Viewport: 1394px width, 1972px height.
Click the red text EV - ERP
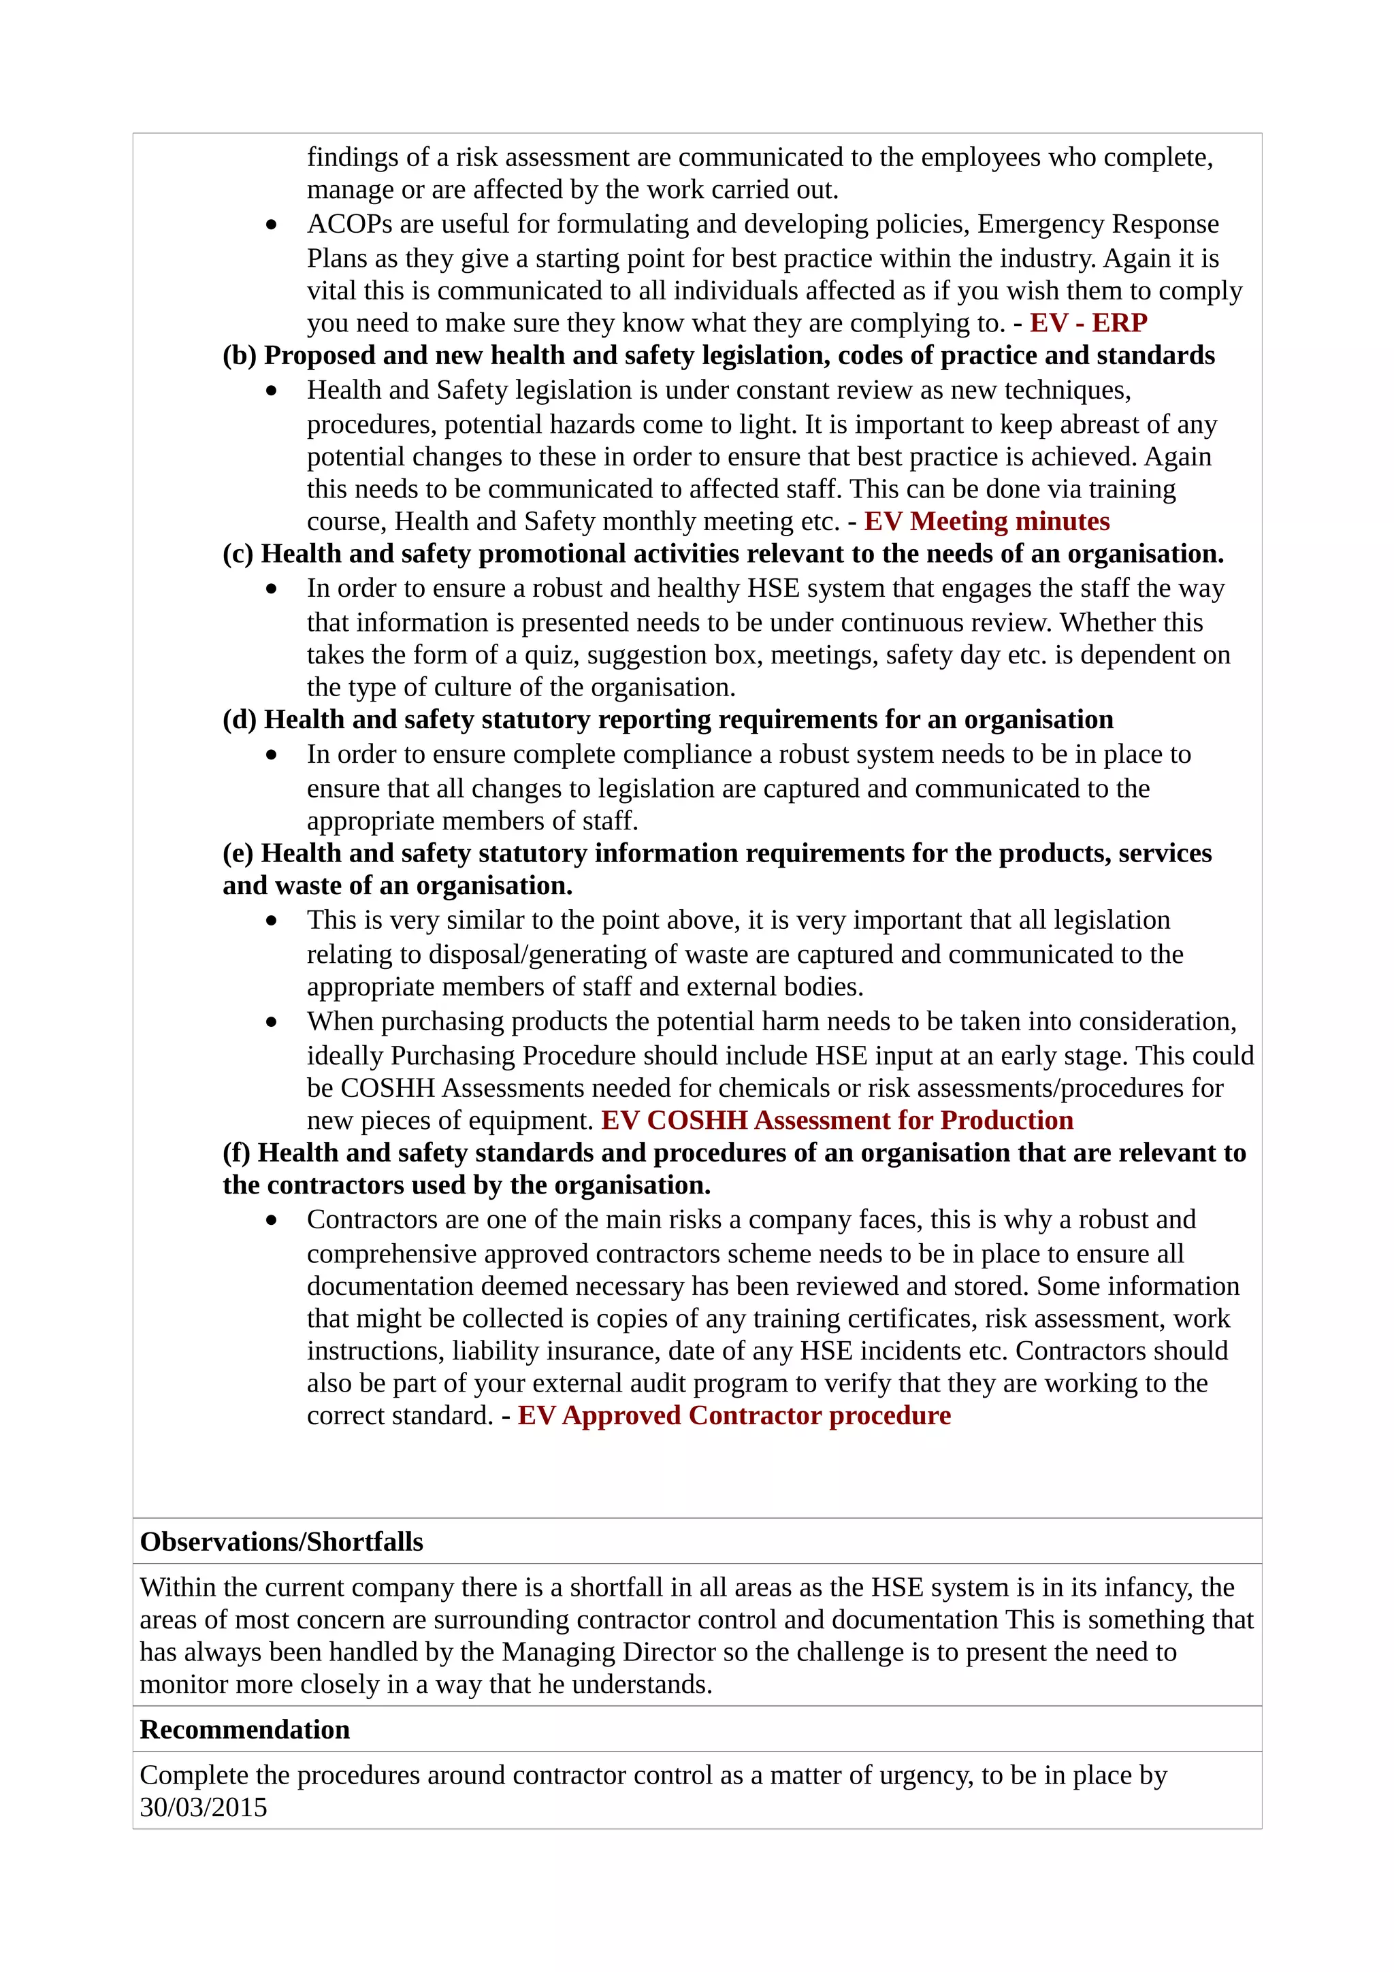pos(1088,323)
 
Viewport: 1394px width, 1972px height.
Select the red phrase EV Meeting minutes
pos(987,521)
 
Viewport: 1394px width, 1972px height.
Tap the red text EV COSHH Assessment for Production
pos(837,1120)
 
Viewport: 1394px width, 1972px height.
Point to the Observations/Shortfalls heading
pos(282,1542)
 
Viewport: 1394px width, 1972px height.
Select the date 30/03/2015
pos(204,1807)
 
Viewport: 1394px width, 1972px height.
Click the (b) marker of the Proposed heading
pos(240,356)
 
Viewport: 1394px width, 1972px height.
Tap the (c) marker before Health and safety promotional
pos(238,554)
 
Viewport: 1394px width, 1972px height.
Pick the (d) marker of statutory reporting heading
pos(240,720)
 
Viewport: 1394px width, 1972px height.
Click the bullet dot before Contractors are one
pos(272,1221)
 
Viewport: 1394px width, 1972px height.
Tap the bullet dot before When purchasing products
pos(272,1022)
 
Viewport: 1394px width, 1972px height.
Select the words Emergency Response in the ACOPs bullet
pos(1098,224)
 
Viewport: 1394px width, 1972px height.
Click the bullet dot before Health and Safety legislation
pos(272,391)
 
